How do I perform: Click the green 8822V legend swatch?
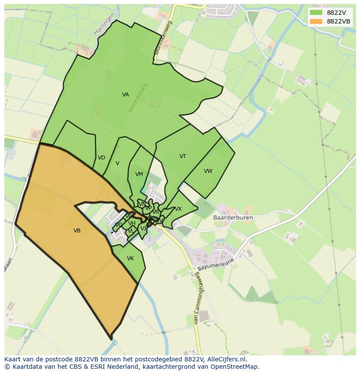coord(316,12)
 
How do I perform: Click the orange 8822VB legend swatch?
coord(316,21)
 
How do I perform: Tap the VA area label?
coord(126,95)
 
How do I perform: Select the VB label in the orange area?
coord(77,231)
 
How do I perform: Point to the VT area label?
coord(183,156)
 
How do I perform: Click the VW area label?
coord(208,171)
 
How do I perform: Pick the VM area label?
coord(139,174)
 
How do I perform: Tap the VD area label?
coord(101,158)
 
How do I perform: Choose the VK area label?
coord(130,258)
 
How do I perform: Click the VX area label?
coord(178,209)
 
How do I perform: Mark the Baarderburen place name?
coord(233,218)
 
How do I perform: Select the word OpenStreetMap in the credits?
coord(237,367)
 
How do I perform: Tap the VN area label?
coord(141,204)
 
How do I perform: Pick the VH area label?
coord(132,223)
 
